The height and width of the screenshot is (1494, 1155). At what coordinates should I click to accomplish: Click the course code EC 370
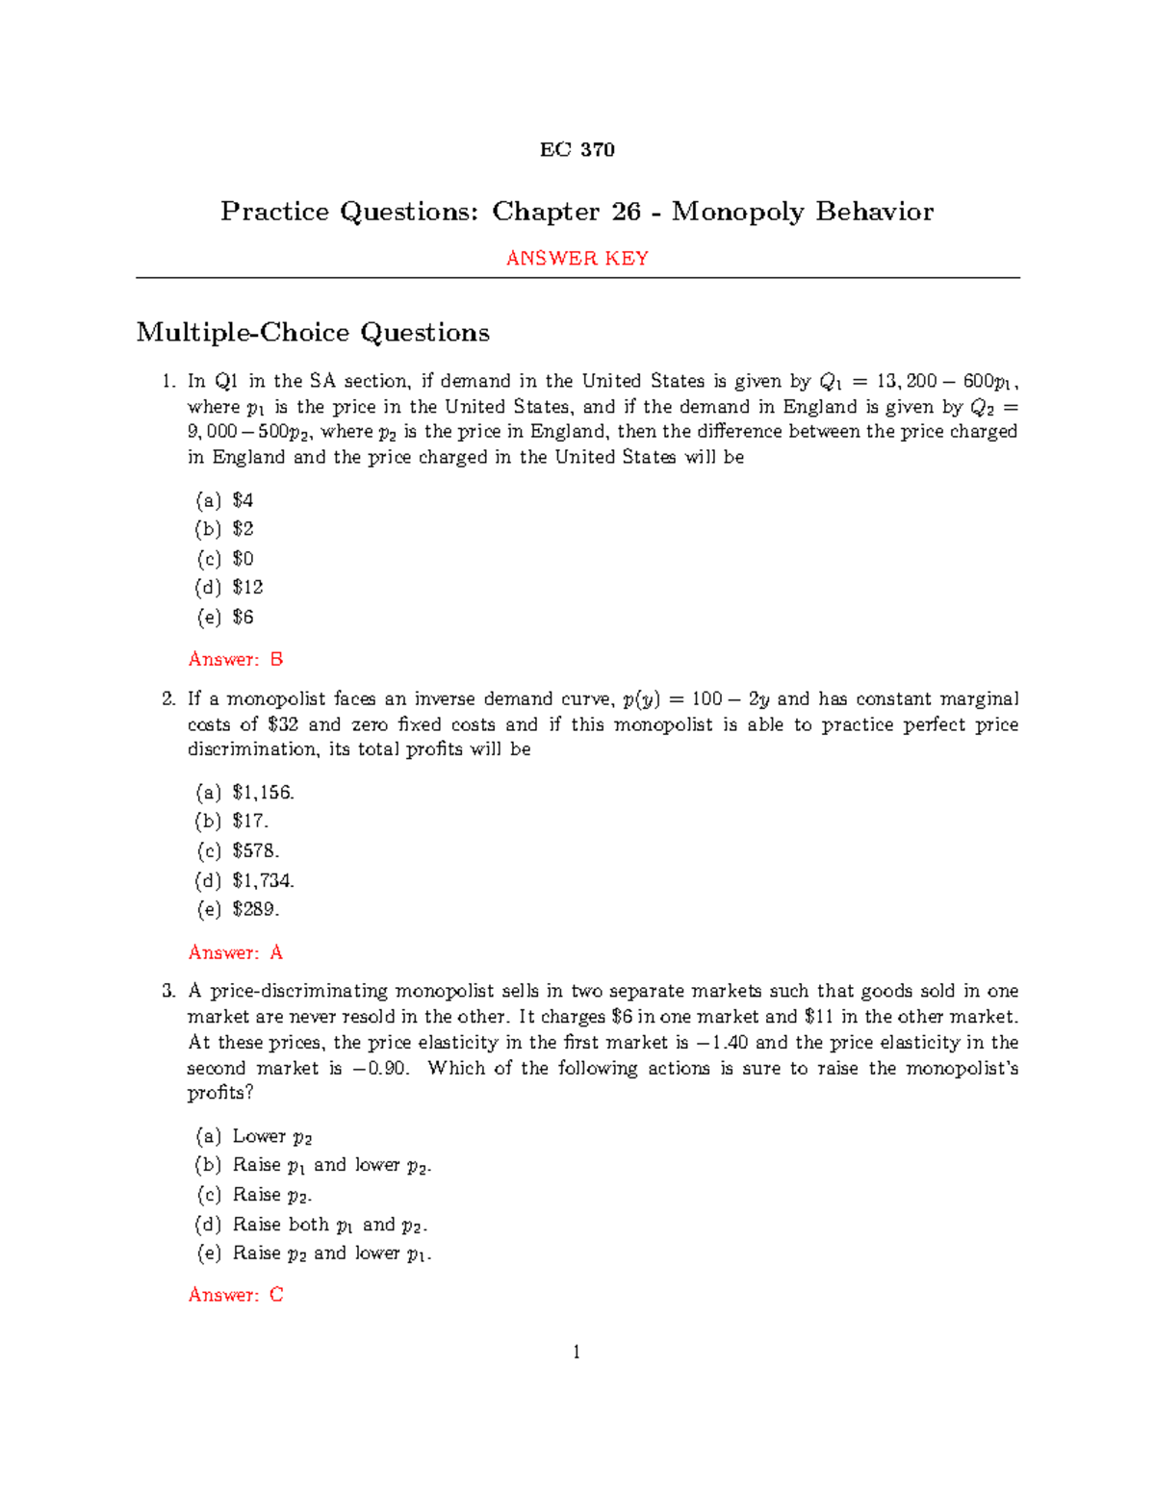(577, 149)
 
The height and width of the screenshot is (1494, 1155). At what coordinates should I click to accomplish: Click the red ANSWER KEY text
(577, 258)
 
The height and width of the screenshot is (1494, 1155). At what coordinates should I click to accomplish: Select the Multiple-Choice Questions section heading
(313, 333)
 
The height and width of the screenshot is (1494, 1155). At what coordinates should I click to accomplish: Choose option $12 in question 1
(247, 587)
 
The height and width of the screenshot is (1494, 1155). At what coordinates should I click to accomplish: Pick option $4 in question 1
(243, 500)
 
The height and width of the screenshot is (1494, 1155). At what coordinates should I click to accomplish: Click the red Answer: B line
(236, 659)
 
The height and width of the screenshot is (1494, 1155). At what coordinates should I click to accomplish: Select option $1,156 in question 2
(263, 793)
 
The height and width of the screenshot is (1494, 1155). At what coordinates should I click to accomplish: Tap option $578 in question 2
(255, 851)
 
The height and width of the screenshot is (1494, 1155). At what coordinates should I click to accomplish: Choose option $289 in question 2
(255, 909)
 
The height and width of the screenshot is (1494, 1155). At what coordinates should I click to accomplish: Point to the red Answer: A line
(236, 952)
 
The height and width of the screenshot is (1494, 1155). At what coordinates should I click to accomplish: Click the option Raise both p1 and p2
(328, 1225)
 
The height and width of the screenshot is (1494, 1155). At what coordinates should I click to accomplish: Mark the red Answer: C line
(236, 1295)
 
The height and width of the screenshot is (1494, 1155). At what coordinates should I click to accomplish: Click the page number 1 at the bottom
(577, 1353)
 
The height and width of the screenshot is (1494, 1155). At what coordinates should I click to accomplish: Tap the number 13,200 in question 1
(907, 381)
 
